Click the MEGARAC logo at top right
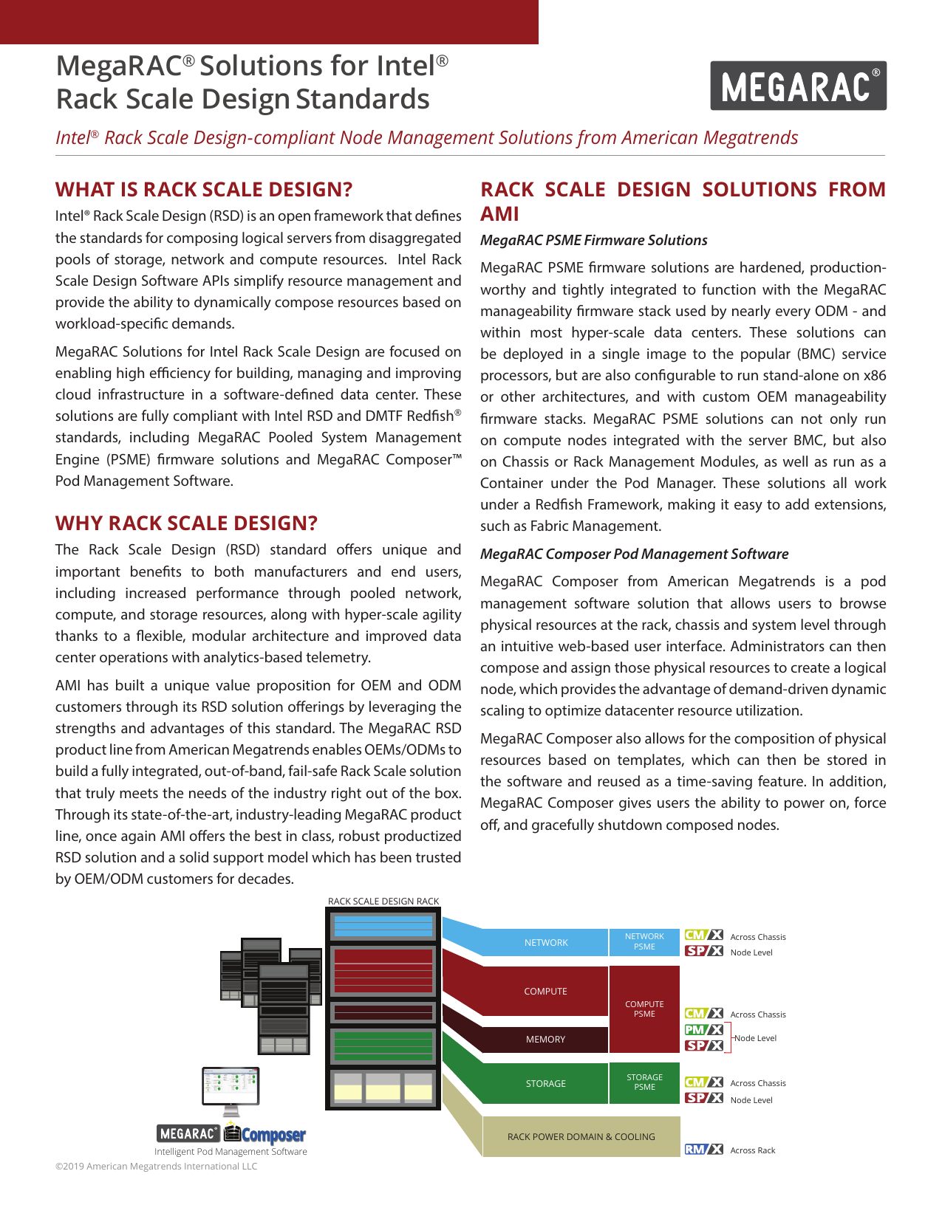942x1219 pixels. point(798,86)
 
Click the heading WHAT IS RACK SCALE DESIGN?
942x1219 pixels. point(204,190)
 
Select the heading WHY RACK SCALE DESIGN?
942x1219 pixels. point(186,523)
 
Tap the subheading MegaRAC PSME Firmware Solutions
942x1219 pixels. point(593,240)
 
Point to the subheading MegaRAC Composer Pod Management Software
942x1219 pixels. point(634,554)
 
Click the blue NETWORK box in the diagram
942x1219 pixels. point(545,943)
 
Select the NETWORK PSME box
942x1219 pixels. point(644,942)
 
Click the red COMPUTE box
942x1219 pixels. point(545,992)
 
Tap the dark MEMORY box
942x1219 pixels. point(545,1040)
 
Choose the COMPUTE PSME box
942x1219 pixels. point(644,1009)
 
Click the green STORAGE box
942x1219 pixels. point(545,1084)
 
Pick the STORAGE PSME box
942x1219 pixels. point(644,1082)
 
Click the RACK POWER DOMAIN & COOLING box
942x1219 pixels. point(581,1137)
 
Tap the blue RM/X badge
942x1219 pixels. point(703,1149)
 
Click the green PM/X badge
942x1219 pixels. point(703,1029)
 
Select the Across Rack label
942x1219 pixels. point(752,1150)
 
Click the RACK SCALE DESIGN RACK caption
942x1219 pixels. point(383,902)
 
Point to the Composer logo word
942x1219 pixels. point(273,1135)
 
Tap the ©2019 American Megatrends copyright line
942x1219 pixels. point(157,1167)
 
